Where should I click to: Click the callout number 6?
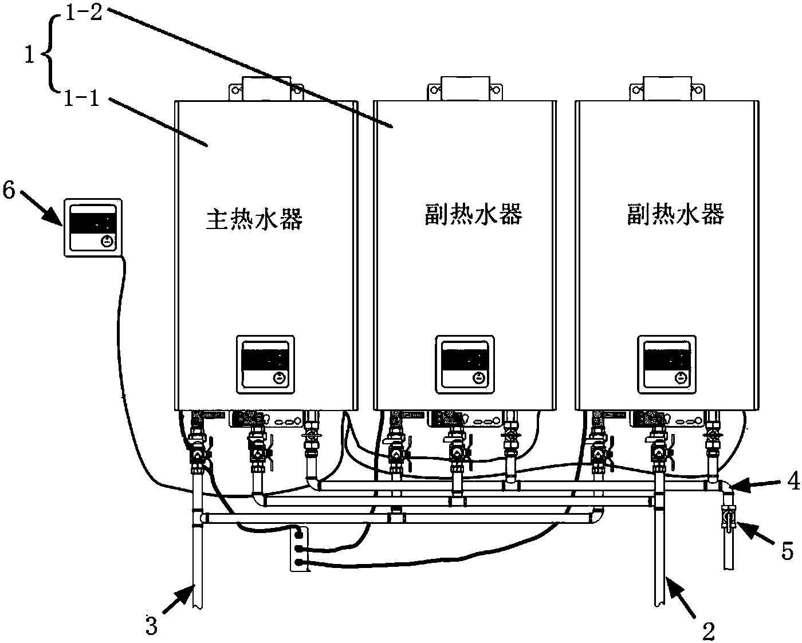click(x=9, y=190)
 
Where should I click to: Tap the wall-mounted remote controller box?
click(x=93, y=227)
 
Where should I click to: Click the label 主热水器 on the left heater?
click(x=254, y=219)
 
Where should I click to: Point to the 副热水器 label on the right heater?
click(x=676, y=215)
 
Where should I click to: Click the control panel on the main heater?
click(x=265, y=364)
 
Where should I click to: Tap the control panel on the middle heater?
click(x=465, y=364)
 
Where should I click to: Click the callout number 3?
click(x=151, y=626)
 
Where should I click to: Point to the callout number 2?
click(x=709, y=632)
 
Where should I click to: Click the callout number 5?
click(x=788, y=551)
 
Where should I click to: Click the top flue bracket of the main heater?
click(x=265, y=89)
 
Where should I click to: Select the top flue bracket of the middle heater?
click(x=465, y=89)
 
